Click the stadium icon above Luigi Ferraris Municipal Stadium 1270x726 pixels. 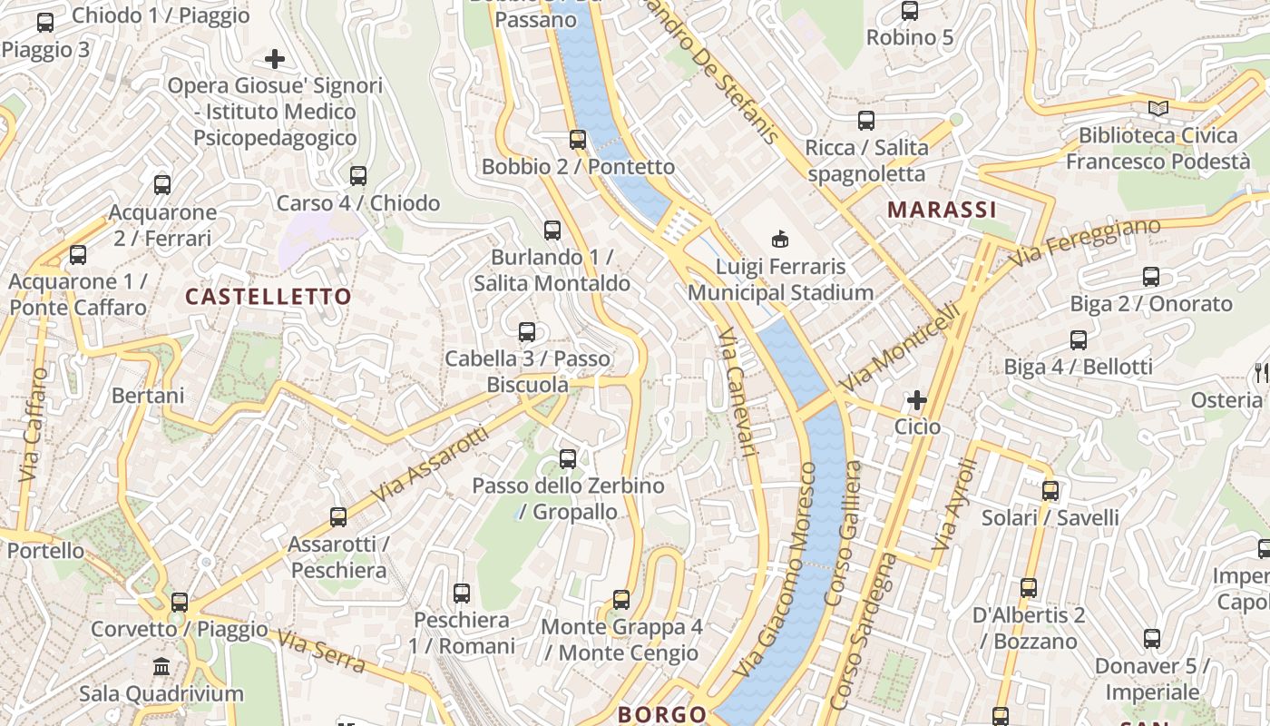click(779, 240)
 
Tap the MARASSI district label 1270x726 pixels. click(942, 210)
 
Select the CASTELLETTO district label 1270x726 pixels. click(268, 297)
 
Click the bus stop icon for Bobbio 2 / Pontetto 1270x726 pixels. click(578, 140)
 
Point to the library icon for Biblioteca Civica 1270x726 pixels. click(1158, 109)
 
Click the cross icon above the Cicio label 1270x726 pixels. click(917, 399)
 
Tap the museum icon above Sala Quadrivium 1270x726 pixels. click(162, 667)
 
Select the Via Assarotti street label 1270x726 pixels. click(430, 468)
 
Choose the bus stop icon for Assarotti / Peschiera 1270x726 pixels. click(338, 517)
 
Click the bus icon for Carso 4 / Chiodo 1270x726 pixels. click(358, 175)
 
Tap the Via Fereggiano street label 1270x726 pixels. click(1088, 241)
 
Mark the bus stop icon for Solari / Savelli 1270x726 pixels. click(1050, 491)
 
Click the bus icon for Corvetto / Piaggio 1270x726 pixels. click(180, 602)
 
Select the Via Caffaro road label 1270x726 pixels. click(32, 425)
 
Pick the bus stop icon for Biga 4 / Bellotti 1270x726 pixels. click(1079, 340)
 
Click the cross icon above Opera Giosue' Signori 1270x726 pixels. click(275, 60)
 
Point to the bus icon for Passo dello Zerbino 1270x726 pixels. click(568, 459)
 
